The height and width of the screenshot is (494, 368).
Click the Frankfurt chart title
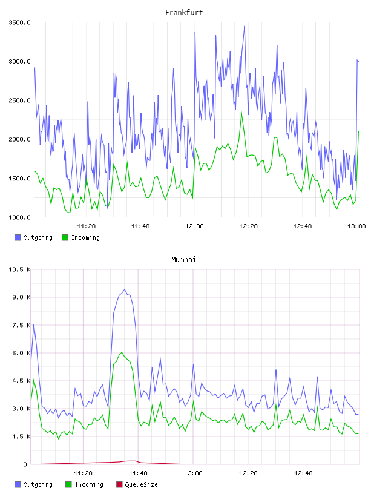tap(184, 12)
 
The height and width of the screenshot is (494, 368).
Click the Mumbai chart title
tap(183, 259)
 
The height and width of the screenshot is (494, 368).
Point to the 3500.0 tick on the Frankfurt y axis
tap(19, 22)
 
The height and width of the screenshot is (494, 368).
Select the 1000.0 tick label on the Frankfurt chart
tap(19, 217)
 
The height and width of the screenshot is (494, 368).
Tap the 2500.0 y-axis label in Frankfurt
tap(19, 100)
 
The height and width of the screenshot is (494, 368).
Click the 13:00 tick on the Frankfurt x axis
tap(356, 226)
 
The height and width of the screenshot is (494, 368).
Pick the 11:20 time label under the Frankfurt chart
tap(87, 226)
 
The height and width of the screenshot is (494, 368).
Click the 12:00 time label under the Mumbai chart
tap(193, 473)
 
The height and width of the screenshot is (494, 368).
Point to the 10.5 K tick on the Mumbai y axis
tap(19, 269)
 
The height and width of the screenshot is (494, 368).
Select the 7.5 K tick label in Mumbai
tap(21, 325)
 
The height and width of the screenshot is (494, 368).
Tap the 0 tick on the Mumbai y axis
tap(25, 464)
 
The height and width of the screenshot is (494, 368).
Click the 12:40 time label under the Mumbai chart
tap(303, 473)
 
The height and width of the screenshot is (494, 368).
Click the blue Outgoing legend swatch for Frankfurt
tap(18, 237)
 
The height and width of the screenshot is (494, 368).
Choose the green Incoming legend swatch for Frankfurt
tap(65, 237)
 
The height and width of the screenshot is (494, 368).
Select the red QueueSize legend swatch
tap(119, 484)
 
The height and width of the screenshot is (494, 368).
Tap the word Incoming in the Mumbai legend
tap(89, 484)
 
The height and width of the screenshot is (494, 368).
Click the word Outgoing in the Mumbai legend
tap(38, 484)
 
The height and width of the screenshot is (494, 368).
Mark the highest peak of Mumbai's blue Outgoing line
tap(125, 289)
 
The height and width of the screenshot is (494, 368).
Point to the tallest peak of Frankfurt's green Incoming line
tap(241, 112)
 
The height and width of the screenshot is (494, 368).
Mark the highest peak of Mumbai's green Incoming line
tap(122, 352)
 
